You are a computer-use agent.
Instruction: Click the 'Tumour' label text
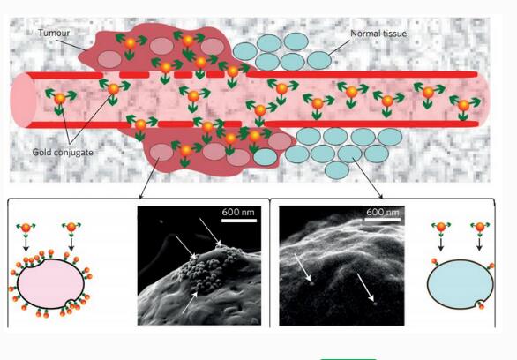[x=54, y=33]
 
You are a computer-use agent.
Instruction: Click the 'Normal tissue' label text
[x=378, y=34]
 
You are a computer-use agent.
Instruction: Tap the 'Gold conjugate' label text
[x=63, y=153]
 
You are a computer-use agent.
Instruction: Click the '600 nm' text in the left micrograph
[x=238, y=212]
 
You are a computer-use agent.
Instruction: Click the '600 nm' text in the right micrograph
[x=383, y=212]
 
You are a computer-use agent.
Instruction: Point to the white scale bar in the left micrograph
[x=239, y=221]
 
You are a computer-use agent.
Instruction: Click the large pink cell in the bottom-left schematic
[x=50, y=283]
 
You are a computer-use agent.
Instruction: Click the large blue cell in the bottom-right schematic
[x=461, y=284]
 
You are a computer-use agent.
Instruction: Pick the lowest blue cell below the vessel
[x=337, y=170]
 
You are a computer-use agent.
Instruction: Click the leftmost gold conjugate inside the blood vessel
[x=60, y=99]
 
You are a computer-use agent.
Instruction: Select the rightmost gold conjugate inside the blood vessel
[x=463, y=106]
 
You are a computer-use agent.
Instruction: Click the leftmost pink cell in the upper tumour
[x=109, y=60]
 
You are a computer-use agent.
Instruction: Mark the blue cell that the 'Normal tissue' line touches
[x=319, y=60]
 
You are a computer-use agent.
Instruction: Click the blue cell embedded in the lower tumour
[x=266, y=157]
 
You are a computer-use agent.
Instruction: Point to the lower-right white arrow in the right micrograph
[x=366, y=288]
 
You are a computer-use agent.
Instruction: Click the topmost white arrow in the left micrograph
[x=210, y=232]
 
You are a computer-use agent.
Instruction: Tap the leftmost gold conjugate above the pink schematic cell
[x=26, y=229]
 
